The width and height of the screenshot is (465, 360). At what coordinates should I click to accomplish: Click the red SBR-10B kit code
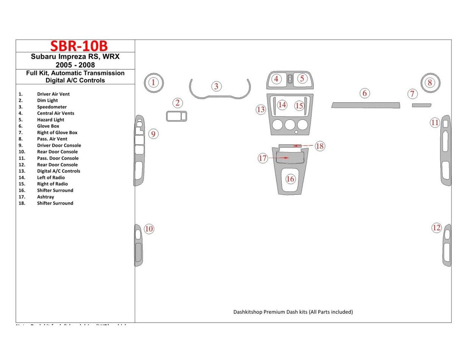coord(79,46)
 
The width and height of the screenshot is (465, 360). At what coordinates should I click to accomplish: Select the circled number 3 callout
coord(216,86)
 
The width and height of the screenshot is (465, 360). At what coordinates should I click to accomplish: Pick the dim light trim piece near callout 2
coord(176,116)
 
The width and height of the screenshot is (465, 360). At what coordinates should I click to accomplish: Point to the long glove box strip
coord(365,105)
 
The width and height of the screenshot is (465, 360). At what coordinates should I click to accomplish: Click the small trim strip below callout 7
coord(421,105)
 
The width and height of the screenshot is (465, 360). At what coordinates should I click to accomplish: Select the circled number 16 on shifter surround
coord(290,179)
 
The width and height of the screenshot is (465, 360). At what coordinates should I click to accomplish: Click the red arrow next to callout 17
coord(278,158)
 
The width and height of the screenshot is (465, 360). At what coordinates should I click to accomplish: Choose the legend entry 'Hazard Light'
coord(50,120)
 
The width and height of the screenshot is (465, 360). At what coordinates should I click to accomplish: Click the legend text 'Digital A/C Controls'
coord(58,171)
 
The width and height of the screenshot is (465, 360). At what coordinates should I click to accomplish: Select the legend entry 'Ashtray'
coord(45,197)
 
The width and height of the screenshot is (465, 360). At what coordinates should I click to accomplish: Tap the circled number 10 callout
coord(149,229)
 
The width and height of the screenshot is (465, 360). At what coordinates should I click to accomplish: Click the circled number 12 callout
coord(437,228)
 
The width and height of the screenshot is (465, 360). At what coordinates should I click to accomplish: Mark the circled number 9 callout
coord(153,134)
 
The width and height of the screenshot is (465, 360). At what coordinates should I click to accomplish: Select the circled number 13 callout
coord(261,110)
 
